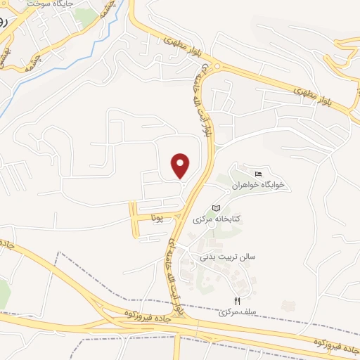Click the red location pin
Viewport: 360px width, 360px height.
181,165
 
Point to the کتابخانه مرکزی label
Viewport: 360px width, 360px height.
217,219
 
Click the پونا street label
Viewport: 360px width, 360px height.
161,219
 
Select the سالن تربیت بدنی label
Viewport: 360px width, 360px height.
228,257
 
